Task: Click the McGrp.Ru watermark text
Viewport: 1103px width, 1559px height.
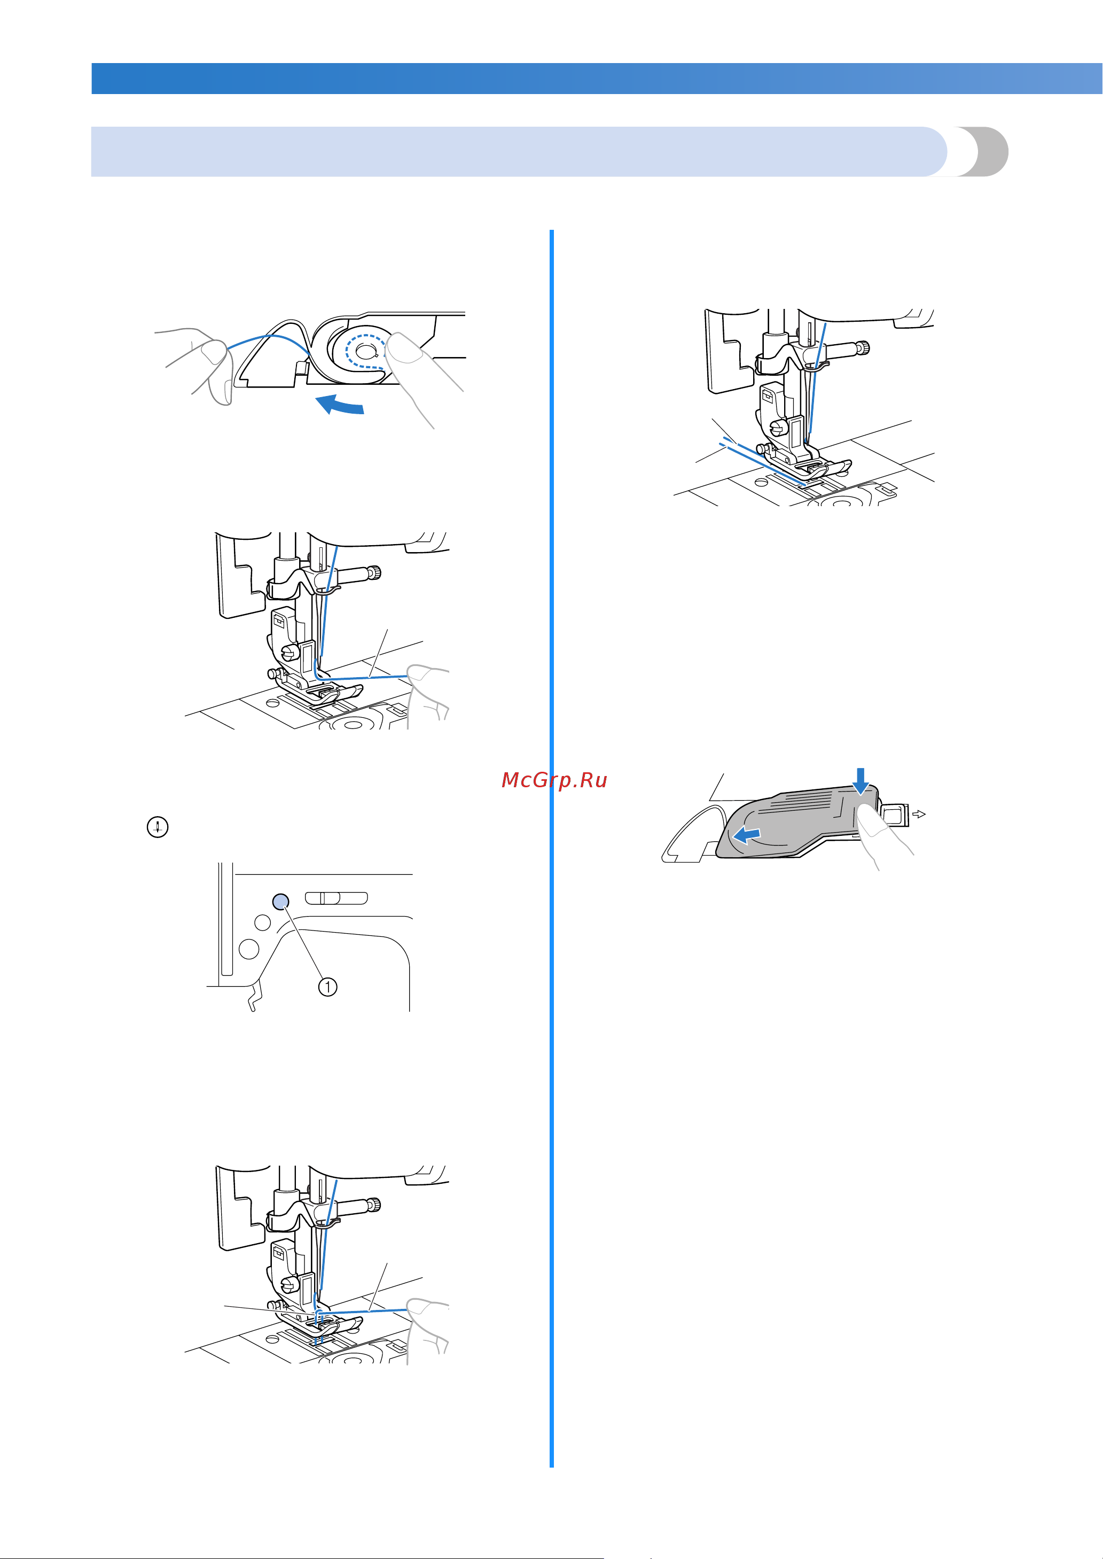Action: tap(554, 780)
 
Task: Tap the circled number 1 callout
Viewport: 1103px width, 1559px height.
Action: tap(328, 987)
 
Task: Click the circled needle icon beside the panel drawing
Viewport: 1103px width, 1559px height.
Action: tap(158, 827)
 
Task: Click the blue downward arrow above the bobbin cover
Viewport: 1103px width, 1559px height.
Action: tap(861, 781)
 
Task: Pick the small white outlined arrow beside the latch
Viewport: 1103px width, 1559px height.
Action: tap(919, 813)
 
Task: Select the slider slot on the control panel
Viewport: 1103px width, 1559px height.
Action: tap(336, 898)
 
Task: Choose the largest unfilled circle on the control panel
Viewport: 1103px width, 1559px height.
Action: tap(249, 949)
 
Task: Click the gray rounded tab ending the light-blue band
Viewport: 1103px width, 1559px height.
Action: tap(983, 152)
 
